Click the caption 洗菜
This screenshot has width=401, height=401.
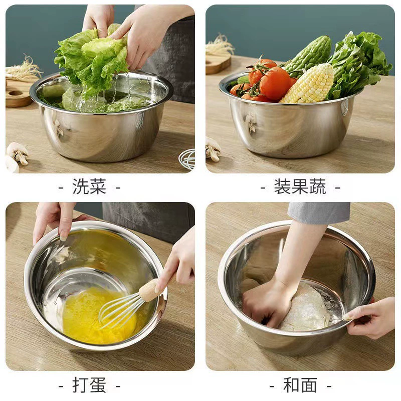(x=89, y=186)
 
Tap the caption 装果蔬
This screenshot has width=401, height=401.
(x=300, y=186)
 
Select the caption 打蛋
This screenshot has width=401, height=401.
(x=89, y=385)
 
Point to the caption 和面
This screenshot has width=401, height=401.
(x=300, y=385)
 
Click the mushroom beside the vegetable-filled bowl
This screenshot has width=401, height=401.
(x=213, y=149)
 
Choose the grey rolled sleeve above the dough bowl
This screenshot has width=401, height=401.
(x=319, y=212)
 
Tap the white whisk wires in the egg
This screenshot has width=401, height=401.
(x=120, y=311)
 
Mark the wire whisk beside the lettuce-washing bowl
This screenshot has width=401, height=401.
(x=187, y=158)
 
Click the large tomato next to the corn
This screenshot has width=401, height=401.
(x=275, y=83)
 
